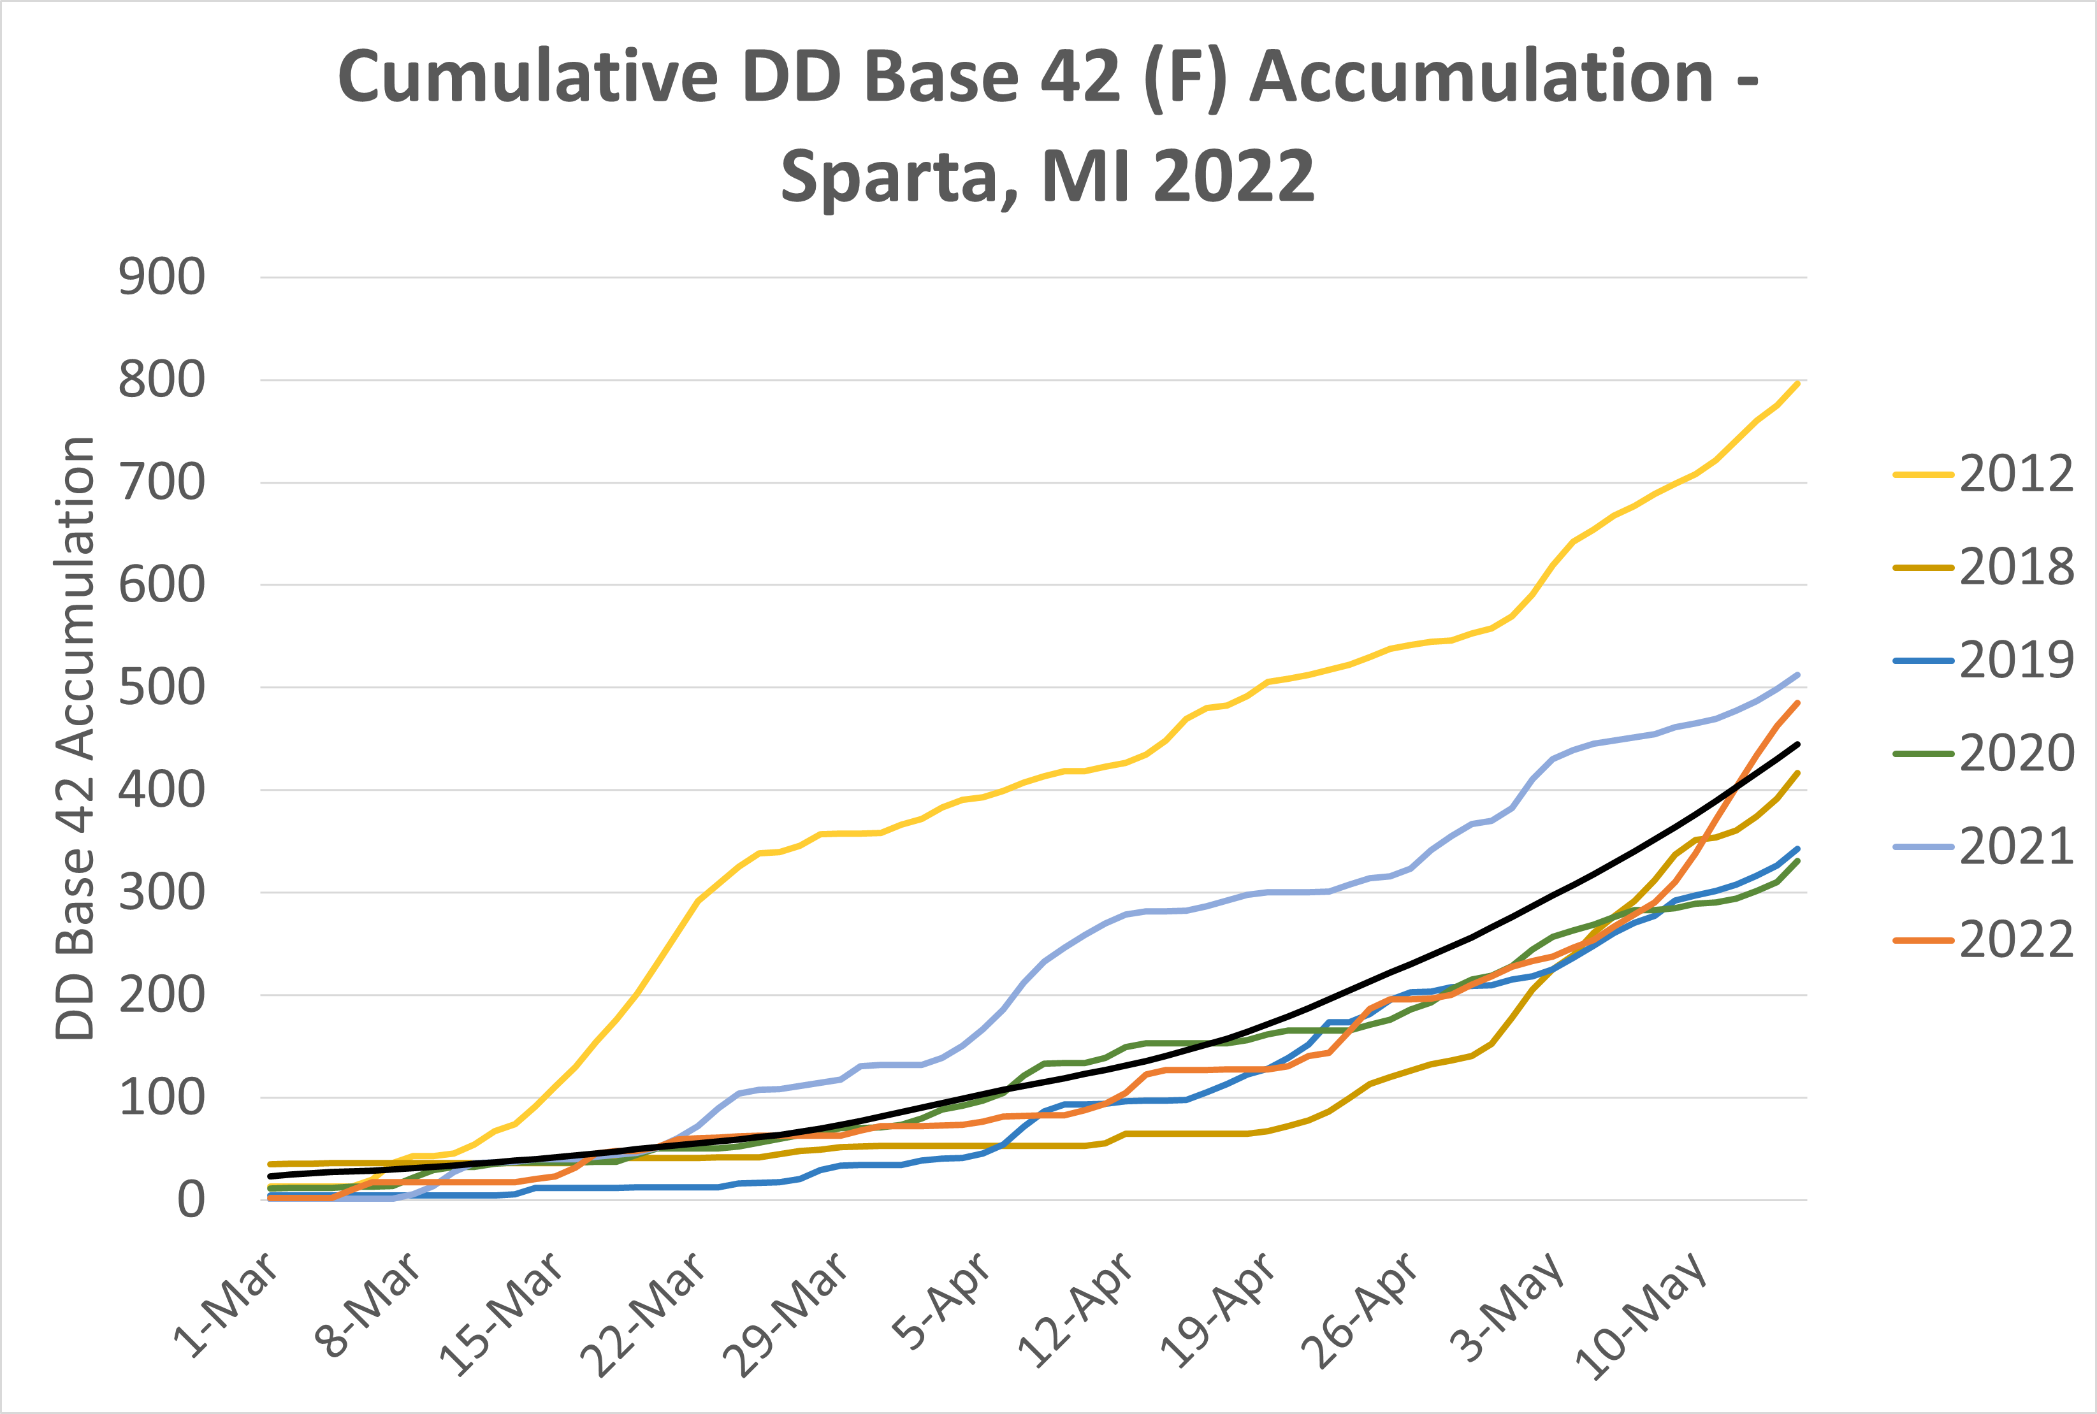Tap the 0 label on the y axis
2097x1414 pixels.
(191, 1201)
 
